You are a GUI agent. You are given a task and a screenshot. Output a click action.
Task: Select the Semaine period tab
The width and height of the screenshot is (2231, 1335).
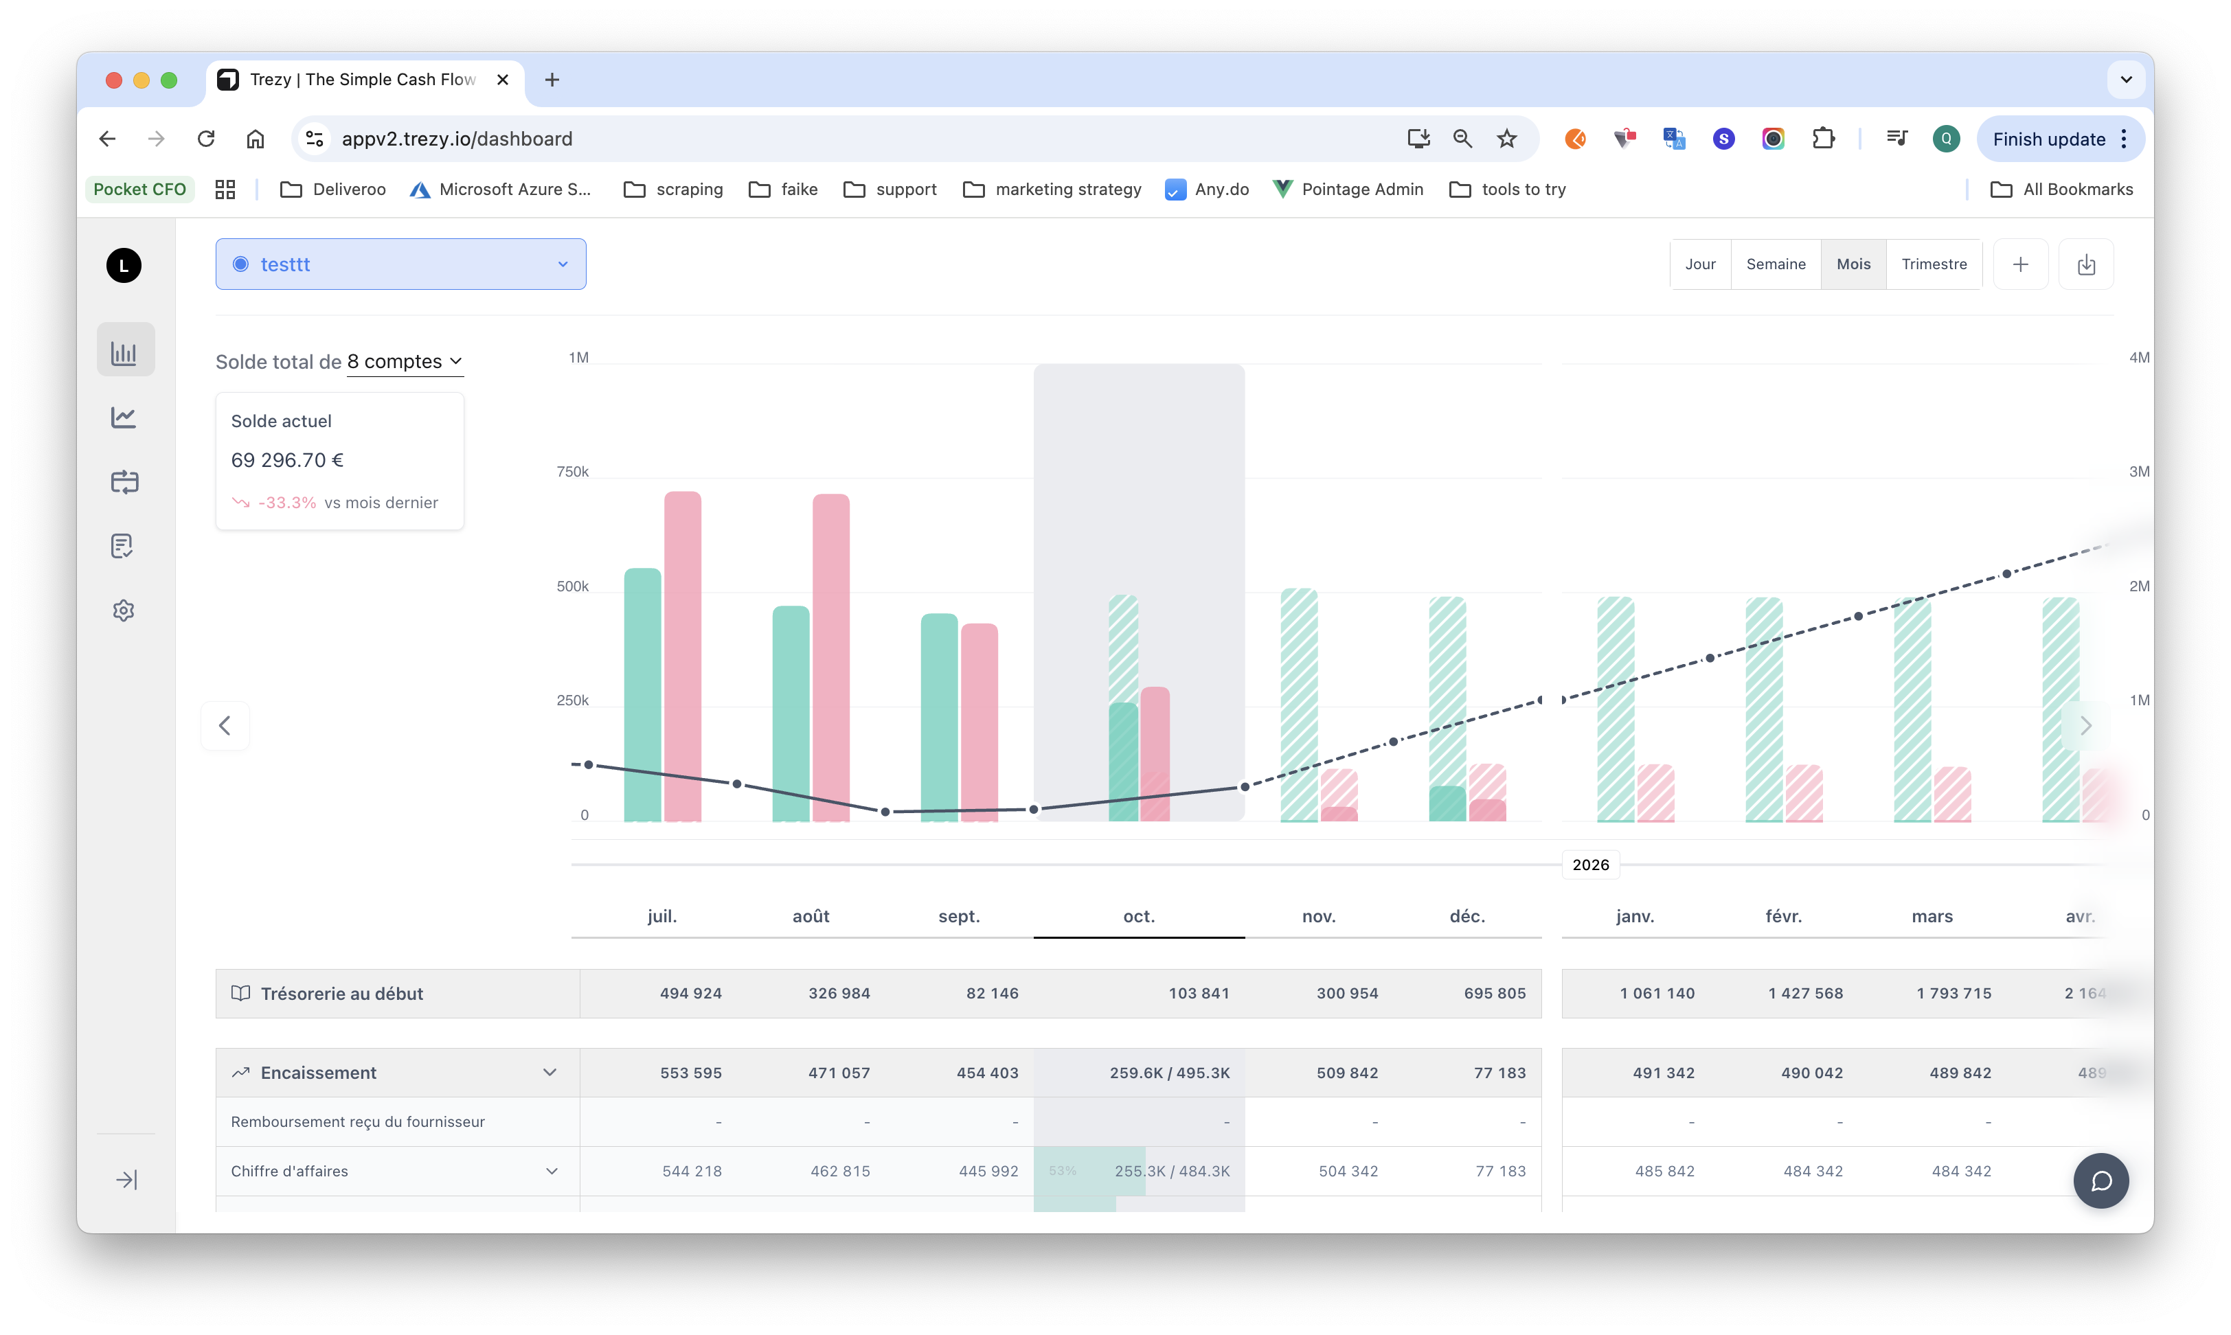click(1775, 264)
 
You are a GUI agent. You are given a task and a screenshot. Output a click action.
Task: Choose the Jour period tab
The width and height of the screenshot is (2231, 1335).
click(1699, 264)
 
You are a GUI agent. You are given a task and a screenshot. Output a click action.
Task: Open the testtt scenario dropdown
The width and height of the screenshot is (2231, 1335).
click(400, 264)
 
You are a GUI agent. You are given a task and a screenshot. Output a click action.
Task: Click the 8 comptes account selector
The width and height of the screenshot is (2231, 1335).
click(405, 362)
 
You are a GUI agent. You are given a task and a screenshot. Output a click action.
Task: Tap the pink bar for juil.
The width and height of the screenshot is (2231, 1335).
click(683, 656)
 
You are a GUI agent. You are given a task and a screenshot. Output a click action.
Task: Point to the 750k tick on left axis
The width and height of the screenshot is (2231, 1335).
click(573, 471)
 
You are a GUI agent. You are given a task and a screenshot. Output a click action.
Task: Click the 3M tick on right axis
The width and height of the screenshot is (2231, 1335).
click(2138, 471)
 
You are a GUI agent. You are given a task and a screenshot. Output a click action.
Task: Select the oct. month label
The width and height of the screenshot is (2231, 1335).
click(1139, 916)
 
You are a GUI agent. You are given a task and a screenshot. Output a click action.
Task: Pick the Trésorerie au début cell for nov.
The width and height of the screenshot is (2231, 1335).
click(1347, 993)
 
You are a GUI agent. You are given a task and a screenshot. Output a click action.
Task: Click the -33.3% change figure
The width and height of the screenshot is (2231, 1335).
click(287, 503)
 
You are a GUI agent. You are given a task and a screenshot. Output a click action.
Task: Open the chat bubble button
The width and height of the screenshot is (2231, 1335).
click(2100, 1180)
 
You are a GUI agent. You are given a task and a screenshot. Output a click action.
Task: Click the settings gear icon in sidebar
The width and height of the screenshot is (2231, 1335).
click(124, 610)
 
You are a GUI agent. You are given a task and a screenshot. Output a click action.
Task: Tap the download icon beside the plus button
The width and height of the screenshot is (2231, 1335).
click(2085, 264)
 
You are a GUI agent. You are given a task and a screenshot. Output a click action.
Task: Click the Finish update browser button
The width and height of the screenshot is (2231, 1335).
click(2048, 139)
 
